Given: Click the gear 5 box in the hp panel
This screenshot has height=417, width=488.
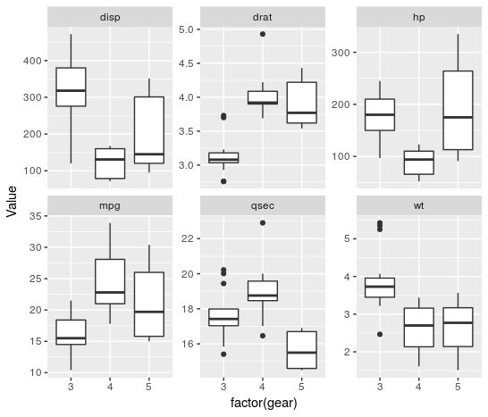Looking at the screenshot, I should coord(457,110).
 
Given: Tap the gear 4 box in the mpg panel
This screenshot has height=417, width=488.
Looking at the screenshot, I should coord(109,281).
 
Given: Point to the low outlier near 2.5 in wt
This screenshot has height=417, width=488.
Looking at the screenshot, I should coord(380,334).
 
